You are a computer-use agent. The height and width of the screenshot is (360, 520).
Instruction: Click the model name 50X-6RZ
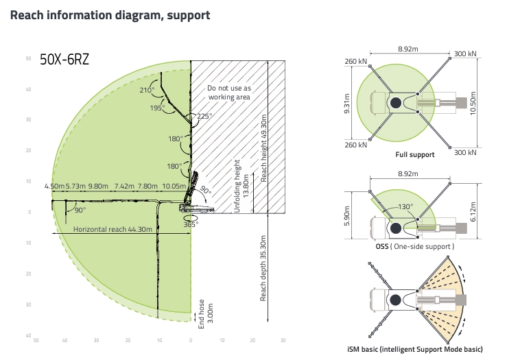click(64, 60)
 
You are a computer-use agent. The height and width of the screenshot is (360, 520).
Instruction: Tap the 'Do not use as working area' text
click(229, 93)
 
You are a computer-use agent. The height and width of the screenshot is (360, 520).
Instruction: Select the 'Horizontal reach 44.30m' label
click(113, 229)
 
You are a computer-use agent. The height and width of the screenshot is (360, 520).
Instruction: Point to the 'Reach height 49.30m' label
click(263, 148)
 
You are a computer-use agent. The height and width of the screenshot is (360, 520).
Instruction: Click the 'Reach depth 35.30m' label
click(263, 268)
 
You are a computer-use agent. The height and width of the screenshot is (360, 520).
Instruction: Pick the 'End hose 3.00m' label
click(206, 314)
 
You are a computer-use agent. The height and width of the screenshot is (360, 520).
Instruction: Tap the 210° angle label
click(147, 90)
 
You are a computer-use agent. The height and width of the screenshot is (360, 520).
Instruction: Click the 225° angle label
click(204, 116)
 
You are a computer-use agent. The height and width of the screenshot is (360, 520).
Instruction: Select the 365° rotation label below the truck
click(191, 224)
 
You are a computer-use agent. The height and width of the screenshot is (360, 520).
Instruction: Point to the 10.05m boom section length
click(174, 186)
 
